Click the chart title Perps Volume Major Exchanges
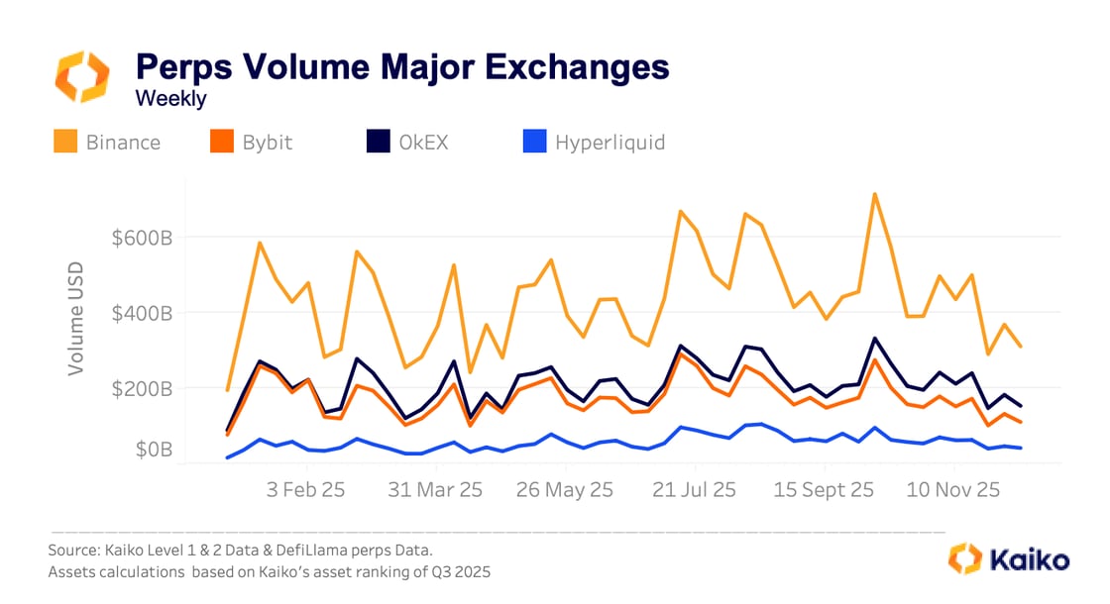click(x=401, y=67)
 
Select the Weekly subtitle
click(x=170, y=99)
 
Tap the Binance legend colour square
click(x=65, y=143)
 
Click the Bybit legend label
click(x=268, y=143)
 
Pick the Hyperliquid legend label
click(x=610, y=143)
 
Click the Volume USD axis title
click(x=75, y=318)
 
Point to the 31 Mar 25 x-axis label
click(x=435, y=489)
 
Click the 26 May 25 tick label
click(x=566, y=489)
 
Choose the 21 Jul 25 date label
click(x=694, y=489)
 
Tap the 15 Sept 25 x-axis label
click(x=824, y=489)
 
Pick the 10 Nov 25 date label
click(x=953, y=489)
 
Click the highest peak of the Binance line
click(x=874, y=194)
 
